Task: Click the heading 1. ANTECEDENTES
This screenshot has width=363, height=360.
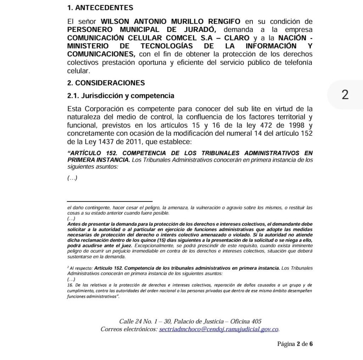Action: [x=100, y=8]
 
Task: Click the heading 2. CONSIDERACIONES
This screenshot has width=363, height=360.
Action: [x=106, y=83]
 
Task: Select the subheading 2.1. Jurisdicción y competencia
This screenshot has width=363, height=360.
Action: [x=121, y=96]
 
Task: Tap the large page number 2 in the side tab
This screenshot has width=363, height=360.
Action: [x=345, y=95]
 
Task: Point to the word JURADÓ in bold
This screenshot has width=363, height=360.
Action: [x=199, y=30]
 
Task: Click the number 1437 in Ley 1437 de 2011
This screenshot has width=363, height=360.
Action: [x=105, y=142]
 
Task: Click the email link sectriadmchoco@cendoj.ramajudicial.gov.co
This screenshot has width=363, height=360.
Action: [x=219, y=330]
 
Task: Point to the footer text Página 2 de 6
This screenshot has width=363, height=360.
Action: [x=295, y=344]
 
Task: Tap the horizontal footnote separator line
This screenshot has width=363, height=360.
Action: [x=110, y=201]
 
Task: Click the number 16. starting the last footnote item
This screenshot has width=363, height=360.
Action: [x=70, y=285]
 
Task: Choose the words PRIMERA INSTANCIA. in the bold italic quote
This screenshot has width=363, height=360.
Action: [x=99, y=160]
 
